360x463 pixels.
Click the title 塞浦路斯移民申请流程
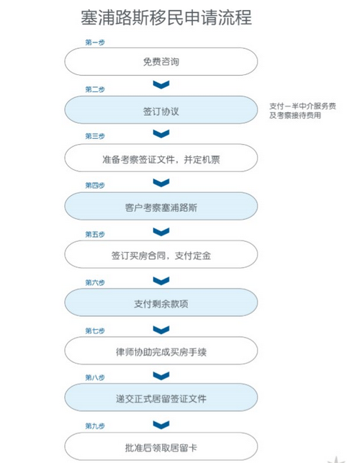coord(166,17)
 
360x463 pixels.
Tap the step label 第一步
coord(95,42)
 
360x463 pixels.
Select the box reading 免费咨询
coord(161,61)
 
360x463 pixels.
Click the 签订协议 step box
coord(161,110)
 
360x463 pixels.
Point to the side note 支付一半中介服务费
coord(302,106)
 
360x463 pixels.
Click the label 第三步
coord(95,136)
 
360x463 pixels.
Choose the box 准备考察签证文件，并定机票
coord(161,158)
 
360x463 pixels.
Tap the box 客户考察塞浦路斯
coord(161,206)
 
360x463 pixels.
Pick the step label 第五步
coord(95,234)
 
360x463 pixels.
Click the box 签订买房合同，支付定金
coord(161,254)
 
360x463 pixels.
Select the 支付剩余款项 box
coord(161,302)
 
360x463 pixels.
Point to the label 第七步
coord(95,331)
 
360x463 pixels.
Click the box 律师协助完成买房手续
coord(161,351)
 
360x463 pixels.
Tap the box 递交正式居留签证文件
coord(161,397)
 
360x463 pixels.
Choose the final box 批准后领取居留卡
coord(161,446)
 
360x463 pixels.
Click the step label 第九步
coord(95,426)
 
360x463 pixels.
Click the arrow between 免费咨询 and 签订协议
coord(161,85)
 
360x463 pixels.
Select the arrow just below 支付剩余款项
coord(161,330)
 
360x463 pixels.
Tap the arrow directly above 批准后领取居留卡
coord(161,425)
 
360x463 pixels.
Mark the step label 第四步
coord(95,185)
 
